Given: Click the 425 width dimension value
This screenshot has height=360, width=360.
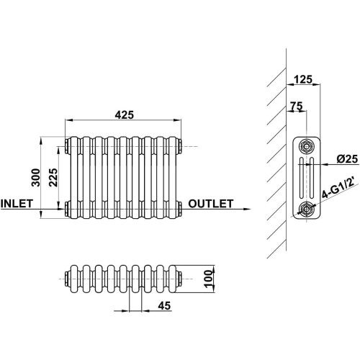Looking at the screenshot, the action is (124, 115).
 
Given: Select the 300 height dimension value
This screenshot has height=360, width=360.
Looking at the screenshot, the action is (36, 177).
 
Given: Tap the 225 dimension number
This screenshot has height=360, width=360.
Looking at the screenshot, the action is (53, 177).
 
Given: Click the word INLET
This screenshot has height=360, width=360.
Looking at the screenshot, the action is (17, 204).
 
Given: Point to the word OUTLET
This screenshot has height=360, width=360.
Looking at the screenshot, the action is (210, 204).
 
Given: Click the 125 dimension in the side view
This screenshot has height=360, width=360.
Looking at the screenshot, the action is (303, 79).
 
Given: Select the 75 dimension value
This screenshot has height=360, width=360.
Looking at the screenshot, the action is (297, 106).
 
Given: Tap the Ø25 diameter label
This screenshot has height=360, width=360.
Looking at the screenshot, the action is (347, 159).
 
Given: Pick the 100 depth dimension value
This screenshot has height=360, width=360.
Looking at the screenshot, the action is (210, 279).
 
